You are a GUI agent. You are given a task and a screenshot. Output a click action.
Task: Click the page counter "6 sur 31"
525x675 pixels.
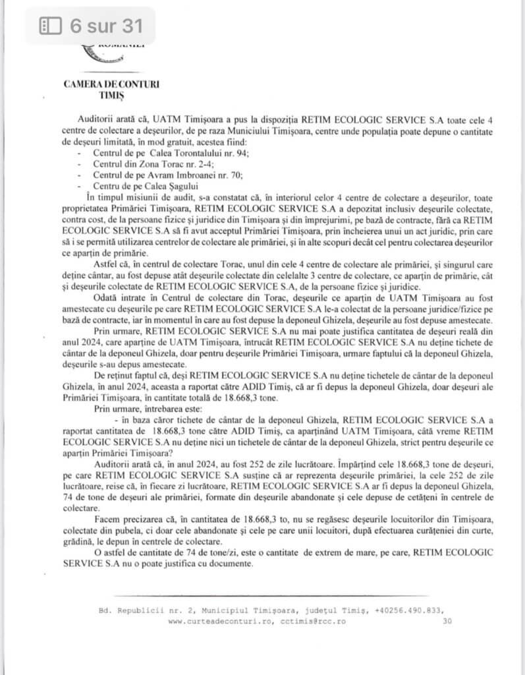pyautogui.click(x=105, y=26)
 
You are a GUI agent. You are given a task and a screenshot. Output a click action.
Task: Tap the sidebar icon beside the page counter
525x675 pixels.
pyautogui.click(x=50, y=26)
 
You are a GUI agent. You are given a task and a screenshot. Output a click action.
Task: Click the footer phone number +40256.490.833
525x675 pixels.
pyautogui.click(x=409, y=610)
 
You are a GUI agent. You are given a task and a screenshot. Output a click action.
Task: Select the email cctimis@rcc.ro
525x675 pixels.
pyautogui.click(x=312, y=621)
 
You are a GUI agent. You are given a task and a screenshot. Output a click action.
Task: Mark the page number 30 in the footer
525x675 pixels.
pyautogui.click(x=448, y=621)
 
